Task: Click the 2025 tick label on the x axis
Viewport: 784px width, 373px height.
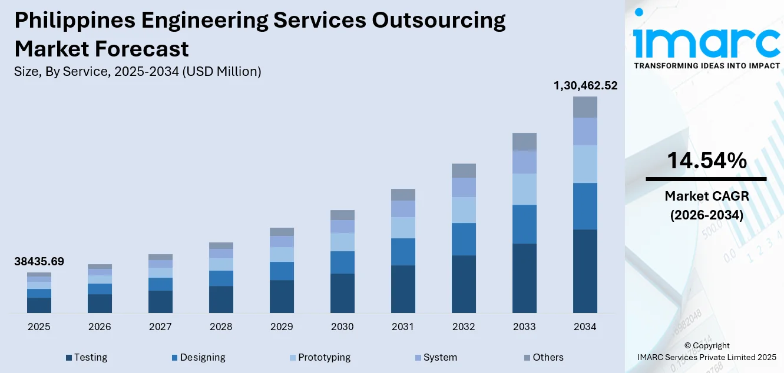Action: (39, 327)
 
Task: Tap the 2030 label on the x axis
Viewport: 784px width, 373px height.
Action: (342, 327)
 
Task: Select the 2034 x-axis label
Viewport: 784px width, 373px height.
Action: (585, 327)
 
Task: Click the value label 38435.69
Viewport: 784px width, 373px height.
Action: (39, 262)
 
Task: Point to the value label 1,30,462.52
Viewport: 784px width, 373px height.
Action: (585, 86)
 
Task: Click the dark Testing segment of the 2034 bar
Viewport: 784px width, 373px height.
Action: (585, 271)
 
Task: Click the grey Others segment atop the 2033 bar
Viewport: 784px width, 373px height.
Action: (524, 142)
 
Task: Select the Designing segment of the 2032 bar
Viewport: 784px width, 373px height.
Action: (464, 239)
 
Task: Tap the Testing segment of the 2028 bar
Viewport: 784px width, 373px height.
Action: (221, 299)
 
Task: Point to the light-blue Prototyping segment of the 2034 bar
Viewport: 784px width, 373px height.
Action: (585, 164)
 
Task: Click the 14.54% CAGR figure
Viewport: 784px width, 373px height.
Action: (706, 161)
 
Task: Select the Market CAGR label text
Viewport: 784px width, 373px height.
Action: (706, 196)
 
